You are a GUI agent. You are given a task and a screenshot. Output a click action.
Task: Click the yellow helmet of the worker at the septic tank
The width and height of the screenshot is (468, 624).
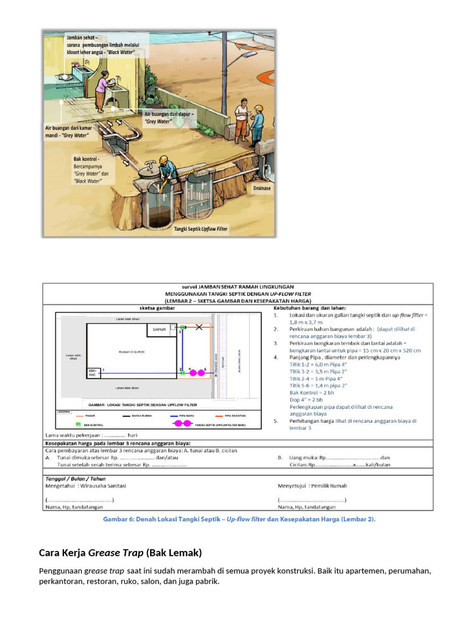pos(163,159)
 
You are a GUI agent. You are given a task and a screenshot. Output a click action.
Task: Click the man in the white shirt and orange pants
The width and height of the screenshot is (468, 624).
pos(242,118)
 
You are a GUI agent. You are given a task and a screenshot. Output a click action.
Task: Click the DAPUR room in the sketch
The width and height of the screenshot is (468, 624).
pos(160,330)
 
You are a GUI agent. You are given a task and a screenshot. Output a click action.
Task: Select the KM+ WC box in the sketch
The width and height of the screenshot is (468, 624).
pos(93,372)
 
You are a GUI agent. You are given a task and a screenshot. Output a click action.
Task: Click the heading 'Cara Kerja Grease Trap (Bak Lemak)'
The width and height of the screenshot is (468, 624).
pos(120,553)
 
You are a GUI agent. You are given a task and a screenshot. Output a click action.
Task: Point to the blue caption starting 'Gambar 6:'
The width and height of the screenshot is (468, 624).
pos(238,519)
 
